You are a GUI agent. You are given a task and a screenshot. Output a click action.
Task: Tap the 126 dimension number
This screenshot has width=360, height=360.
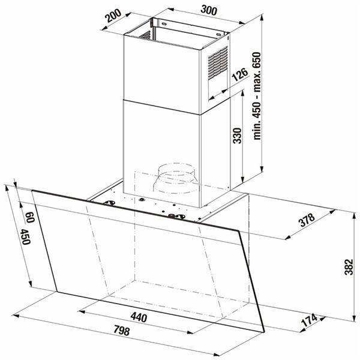pyautogui.click(x=239, y=75)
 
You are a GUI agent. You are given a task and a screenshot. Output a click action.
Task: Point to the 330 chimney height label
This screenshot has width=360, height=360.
pyautogui.click(x=236, y=137)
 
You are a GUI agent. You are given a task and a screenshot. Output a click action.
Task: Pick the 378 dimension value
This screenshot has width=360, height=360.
pyautogui.click(x=307, y=223)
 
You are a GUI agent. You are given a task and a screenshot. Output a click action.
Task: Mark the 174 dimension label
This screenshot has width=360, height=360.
pyautogui.click(x=310, y=322)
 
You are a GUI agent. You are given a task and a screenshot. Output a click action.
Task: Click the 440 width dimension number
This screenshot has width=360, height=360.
pyautogui.click(x=137, y=317)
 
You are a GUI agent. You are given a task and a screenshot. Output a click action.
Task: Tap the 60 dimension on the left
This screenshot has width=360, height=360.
pyautogui.click(x=29, y=215)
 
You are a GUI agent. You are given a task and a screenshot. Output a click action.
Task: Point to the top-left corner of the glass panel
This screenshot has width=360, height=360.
pyautogui.click(x=30, y=190)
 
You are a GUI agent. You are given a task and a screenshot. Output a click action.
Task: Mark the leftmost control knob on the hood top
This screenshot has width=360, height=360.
pyautogui.click(x=110, y=203)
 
